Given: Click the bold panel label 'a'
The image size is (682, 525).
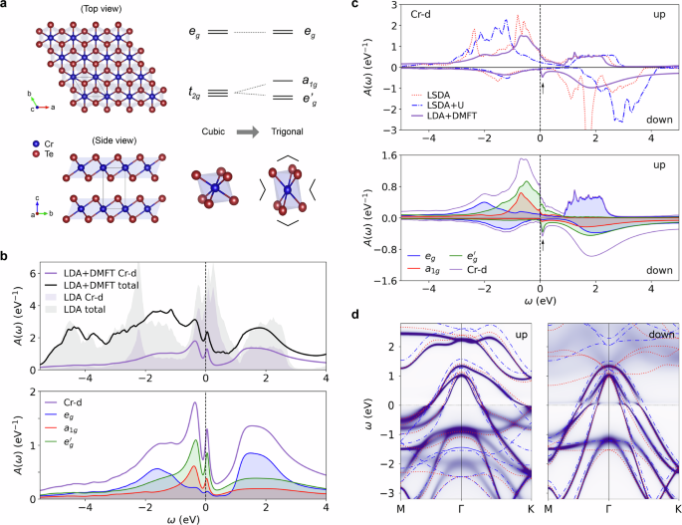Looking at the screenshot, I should pos(6,7).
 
